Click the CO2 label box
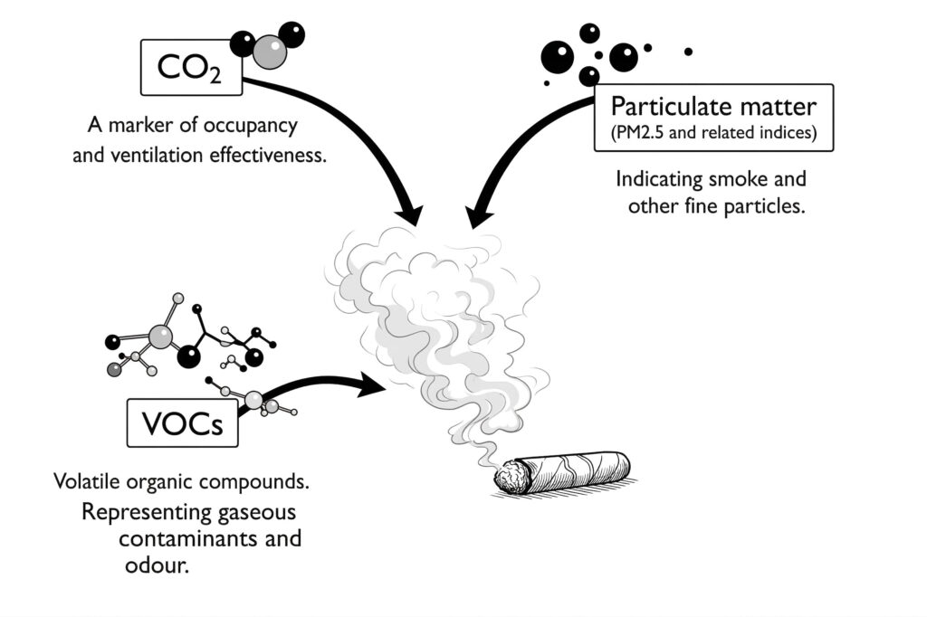[x=190, y=68]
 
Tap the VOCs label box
[x=182, y=422]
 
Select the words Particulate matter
[x=712, y=106]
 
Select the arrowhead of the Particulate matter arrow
[x=477, y=217]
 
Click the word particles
[x=767, y=205]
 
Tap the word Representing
[x=136, y=511]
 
